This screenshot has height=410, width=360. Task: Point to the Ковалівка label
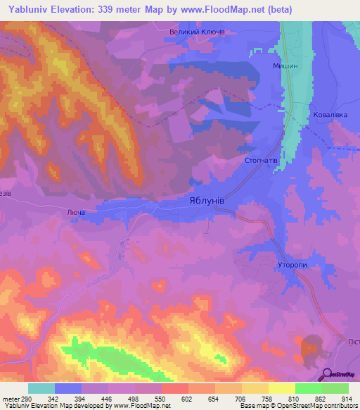click(330, 113)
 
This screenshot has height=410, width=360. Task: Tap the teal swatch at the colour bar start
click(41, 388)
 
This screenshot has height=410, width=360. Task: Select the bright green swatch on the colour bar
click(308, 388)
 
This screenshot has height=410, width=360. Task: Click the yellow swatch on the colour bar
click(281, 388)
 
